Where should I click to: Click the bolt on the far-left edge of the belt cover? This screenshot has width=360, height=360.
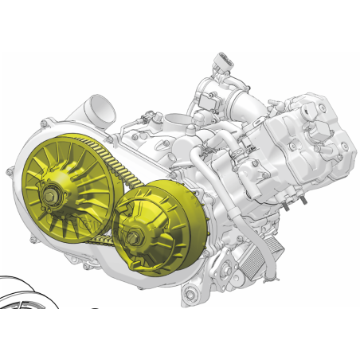coord(10,170)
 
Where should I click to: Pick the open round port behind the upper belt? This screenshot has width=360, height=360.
coord(175,126)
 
